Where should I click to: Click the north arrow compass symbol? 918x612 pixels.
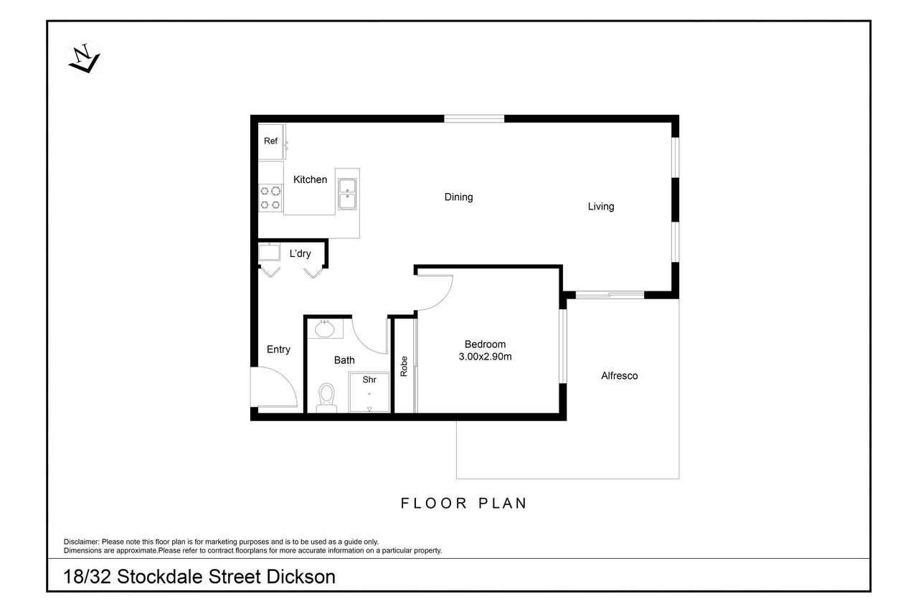click(85, 58)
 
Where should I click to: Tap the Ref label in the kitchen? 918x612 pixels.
click(270, 141)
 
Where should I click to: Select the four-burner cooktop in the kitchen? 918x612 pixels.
click(270, 197)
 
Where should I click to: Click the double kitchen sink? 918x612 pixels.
click(347, 194)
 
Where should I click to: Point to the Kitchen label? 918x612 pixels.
click(311, 179)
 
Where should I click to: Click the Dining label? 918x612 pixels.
click(458, 197)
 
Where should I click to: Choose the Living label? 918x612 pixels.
click(601, 207)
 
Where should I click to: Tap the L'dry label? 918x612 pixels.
click(300, 254)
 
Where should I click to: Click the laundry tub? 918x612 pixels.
click(269, 252)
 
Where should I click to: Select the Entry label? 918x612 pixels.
click(278, 349)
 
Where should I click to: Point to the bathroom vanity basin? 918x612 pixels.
click(325, 329)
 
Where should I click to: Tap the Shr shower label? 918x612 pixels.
click(369, 380)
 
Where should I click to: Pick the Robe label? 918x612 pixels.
click(404, 367)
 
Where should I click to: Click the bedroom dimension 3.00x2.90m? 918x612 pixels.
click(485, 357)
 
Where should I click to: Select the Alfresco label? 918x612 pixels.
click(619, 376)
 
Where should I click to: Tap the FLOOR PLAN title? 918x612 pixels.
click(463, 504)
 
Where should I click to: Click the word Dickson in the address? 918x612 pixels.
click(301, 577)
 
